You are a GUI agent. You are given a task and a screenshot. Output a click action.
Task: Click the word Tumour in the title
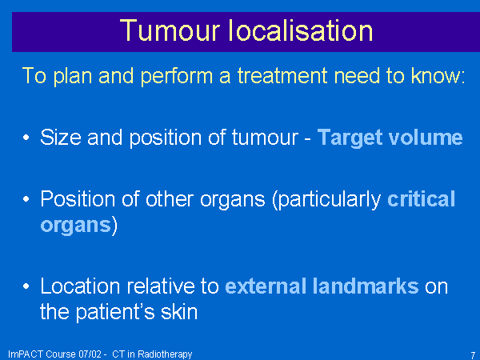[x=170, y=30]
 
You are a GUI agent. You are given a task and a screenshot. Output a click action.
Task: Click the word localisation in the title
[x=301, y=30]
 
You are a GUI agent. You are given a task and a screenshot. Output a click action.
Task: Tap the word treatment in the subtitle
[x=282, y=75]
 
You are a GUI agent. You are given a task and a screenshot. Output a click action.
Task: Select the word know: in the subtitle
[x=438, y=75]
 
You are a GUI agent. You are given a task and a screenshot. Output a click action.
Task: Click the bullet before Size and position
[x=26, y=138]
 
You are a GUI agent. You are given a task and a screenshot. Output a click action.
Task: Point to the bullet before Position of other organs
[x=26, y=199]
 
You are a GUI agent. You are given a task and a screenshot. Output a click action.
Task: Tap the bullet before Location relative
[x=26, y=286]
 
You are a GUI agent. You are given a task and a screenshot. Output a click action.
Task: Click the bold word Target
[x=350, y=138]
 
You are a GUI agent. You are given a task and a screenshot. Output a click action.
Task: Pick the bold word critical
[x=422, y=199]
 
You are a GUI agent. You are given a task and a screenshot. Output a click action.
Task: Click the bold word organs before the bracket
[x=76, y=226]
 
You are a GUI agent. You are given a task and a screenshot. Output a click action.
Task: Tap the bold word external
[x=266, y=286]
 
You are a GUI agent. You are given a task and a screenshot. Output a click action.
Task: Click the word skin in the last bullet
[x=179, y=312]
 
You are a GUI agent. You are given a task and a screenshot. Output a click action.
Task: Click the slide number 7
[x=473, y=355]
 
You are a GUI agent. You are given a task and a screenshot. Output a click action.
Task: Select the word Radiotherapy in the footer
[x=165, y=354]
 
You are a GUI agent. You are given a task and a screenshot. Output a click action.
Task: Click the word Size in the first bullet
[x=61, y=137]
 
